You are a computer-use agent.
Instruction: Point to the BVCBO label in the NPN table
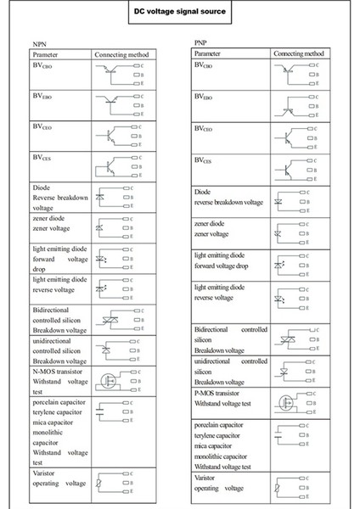(43, 66)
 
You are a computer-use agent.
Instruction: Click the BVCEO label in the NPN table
(43, 126)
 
